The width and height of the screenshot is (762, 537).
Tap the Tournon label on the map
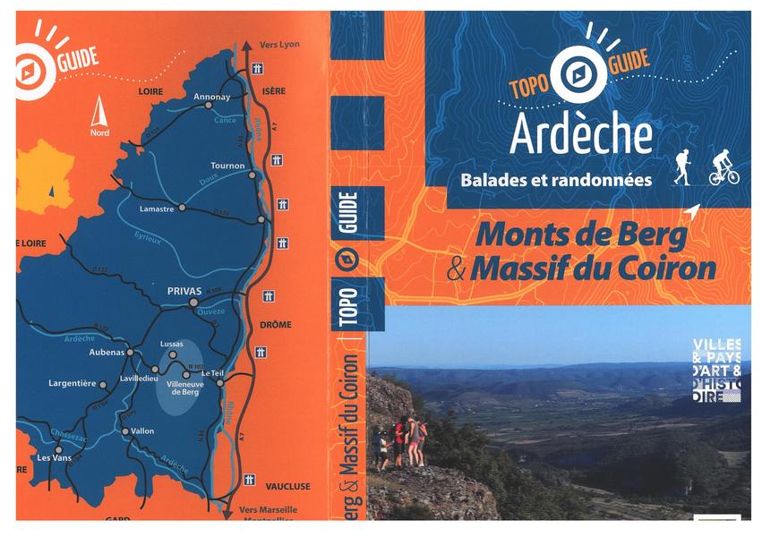pyautogui.click(x=227, y=166)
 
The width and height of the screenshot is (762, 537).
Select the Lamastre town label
pyautogui.click(x=157, y=208)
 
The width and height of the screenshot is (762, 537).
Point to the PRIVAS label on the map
pyautogui.click(x=180, y=291)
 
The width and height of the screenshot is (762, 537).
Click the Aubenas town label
pyautogui.click(x=107, y=353)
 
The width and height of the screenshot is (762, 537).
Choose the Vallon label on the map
pyautogui.click(x=142, y=431)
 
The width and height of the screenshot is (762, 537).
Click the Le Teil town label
pyautogui.click(x=211, y=372)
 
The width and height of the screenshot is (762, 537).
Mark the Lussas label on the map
pyautogui.click(x=171, y=343)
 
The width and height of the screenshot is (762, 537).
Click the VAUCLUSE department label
pyautogui.click(x=287, y=486)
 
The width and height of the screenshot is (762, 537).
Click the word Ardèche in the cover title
pyautogui.click(x=581, y=134)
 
